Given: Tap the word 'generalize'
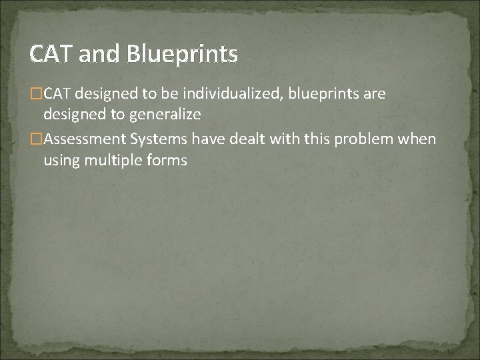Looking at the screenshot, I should tap(165, 115).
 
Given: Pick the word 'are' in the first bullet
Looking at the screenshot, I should tap(374, 93).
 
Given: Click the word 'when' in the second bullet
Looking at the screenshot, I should tap(419, 139).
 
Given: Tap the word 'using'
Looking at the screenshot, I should tap(60, 160).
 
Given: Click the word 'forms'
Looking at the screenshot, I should tap(164, 160).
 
